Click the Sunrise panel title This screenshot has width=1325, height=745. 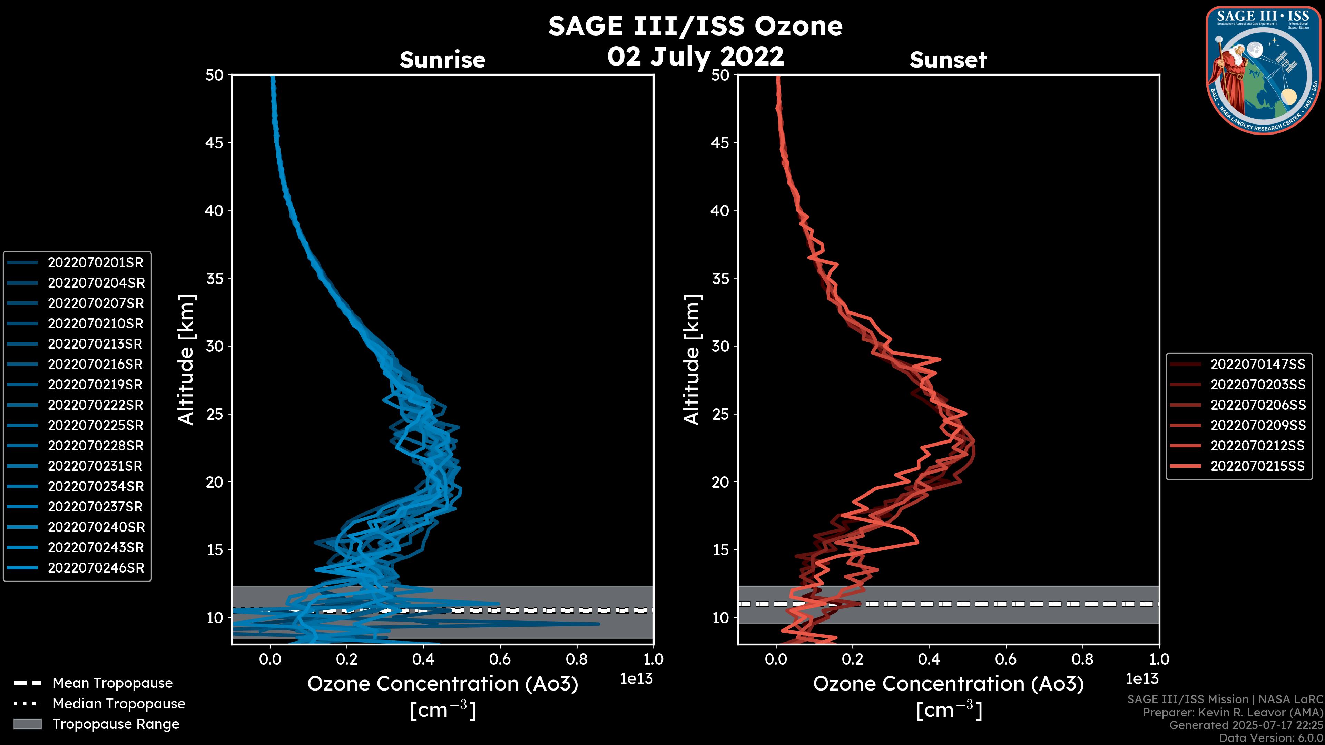pyautogui.click(x=442, y=60)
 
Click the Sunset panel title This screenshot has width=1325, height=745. pyautogui.click(x=948, y=60)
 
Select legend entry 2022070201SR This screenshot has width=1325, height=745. pyautogui.click(x=95, y=263)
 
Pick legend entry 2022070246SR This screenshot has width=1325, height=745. pyautogui.click(x=96, y=568)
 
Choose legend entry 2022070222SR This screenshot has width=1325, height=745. pyautogui.click(x=95, y=405)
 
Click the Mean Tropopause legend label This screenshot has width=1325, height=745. pyautogui.click(x=112, y=683)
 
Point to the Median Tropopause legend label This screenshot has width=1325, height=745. pyautogui.click(x=119, y=704)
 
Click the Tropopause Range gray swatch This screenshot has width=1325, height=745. pyautogui.click(x=27, y=724)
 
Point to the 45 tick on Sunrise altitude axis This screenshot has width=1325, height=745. pyautogui.click(x=215, y=143)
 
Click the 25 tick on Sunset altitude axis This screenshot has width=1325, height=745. pyautogui.click(x=720, y=414)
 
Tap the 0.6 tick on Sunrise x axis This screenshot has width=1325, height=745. pyautogui.click(x=500, y=659)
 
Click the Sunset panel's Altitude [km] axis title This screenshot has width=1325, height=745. pyautogui.click(x=692, y=360)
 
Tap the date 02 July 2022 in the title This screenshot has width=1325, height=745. pyautogui.click(x=695, y=57)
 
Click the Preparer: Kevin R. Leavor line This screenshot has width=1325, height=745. pyautogui.click(x=1233, y=713)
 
